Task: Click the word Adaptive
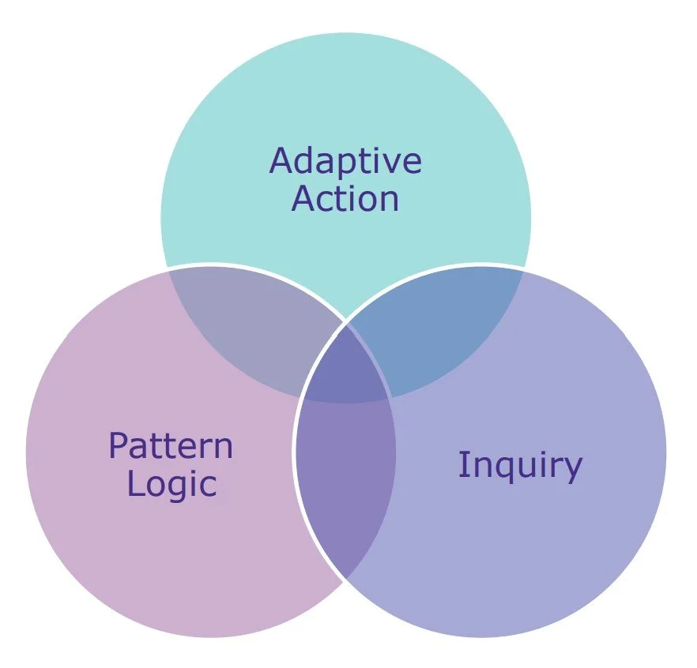click(345, 162)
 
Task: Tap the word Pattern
click(171, 446)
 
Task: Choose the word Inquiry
click(519, 466)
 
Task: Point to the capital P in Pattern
click(118, 446)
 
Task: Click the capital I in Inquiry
click(462, 465)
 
